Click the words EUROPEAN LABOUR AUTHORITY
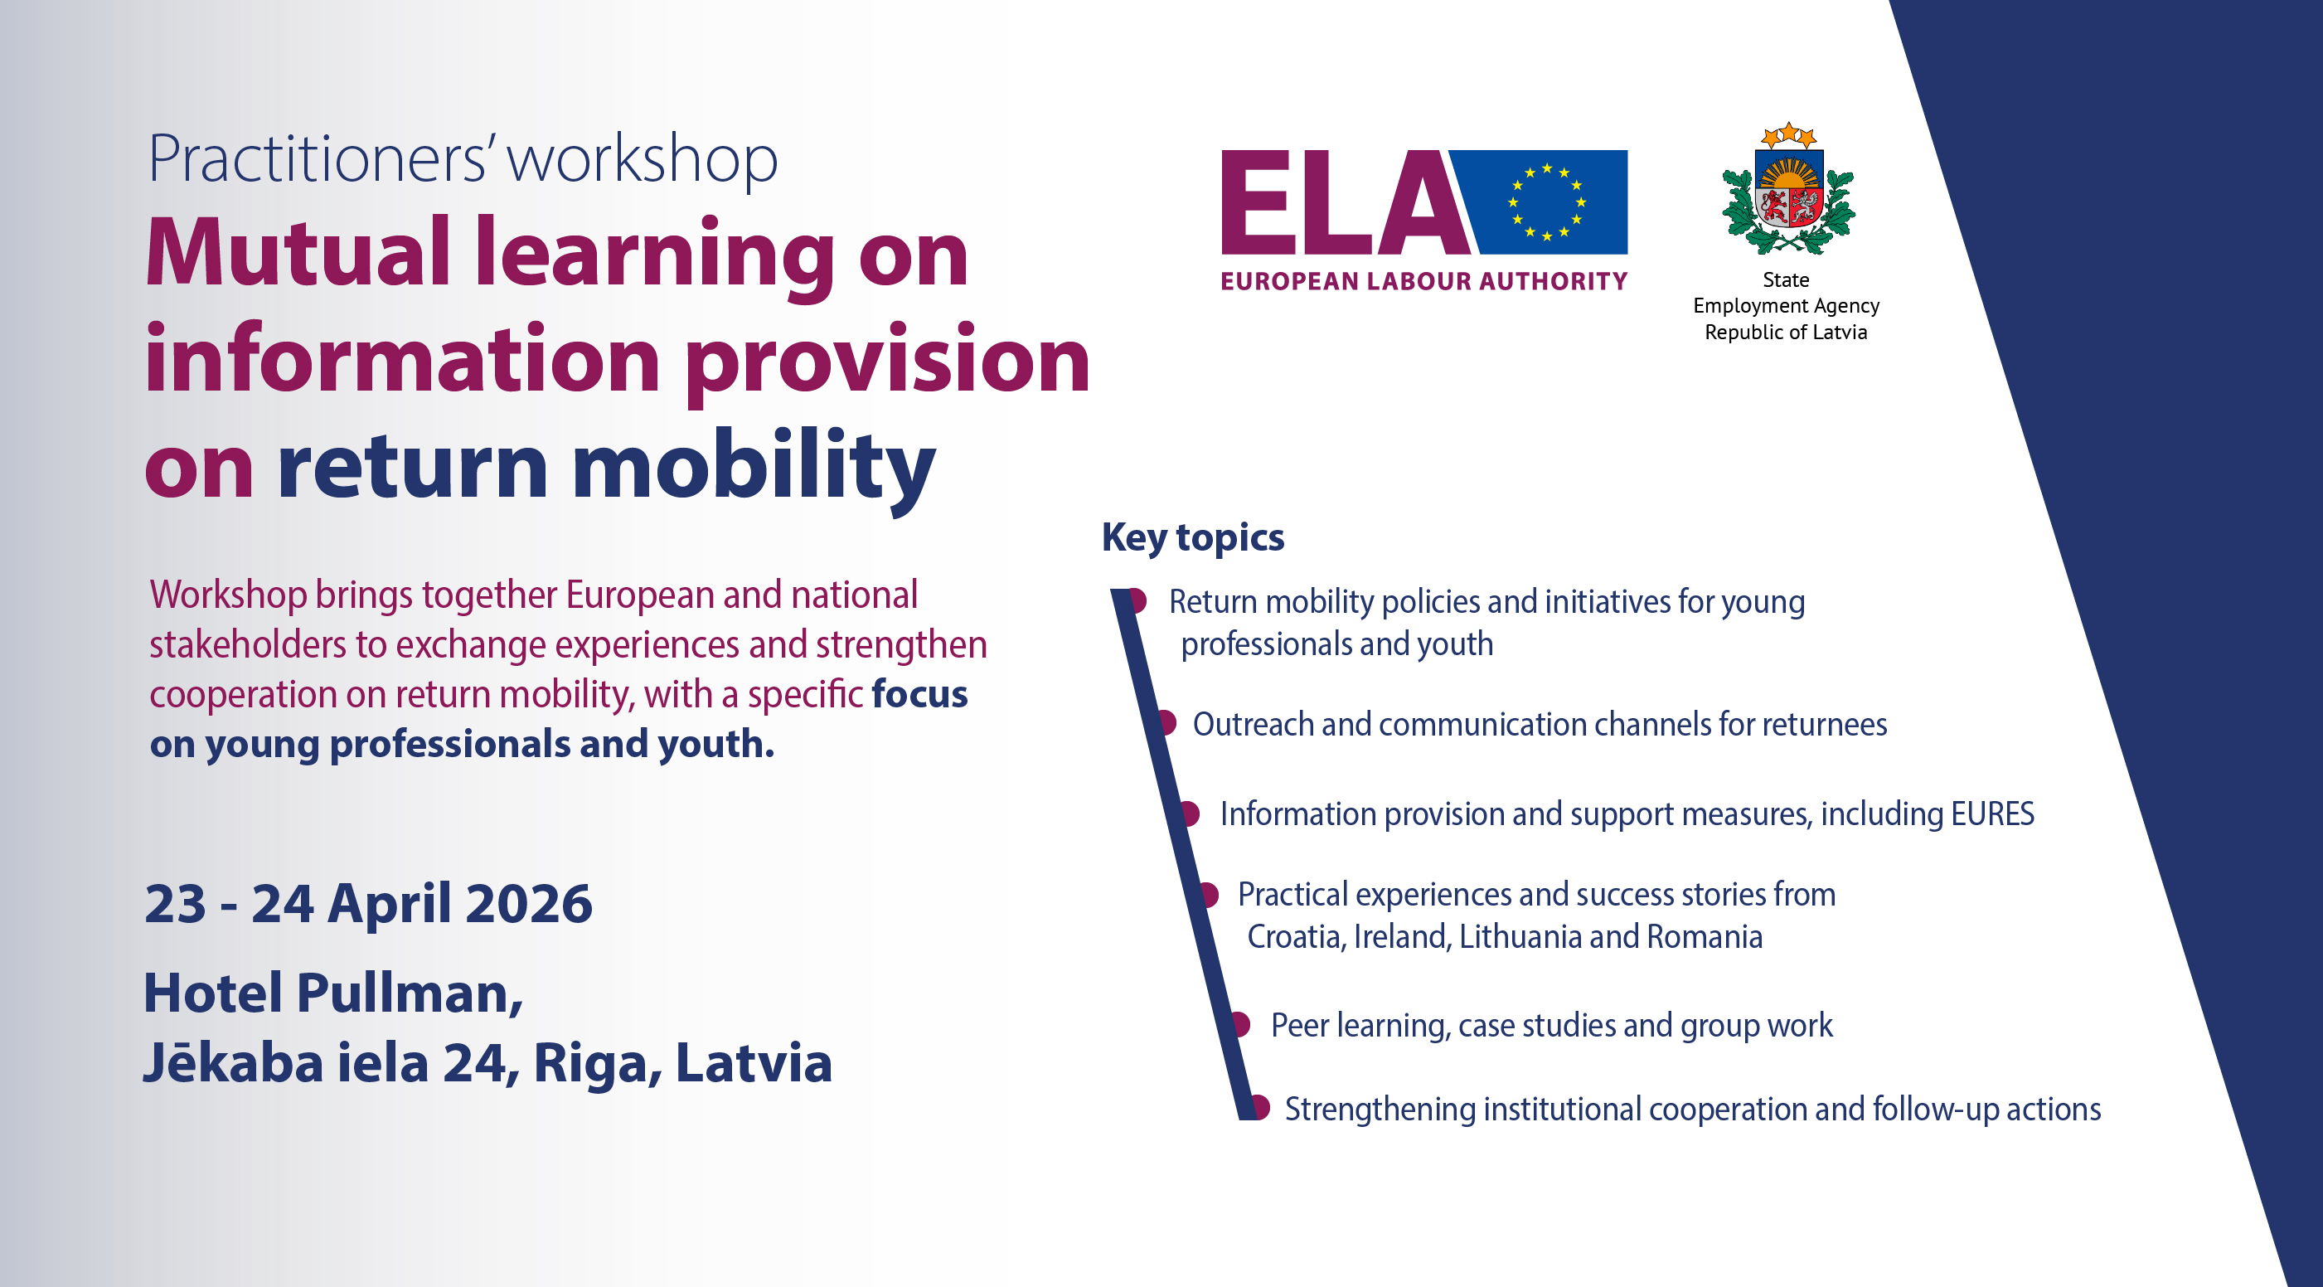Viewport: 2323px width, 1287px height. [1424, 281]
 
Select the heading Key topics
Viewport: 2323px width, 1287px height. [1192, 537]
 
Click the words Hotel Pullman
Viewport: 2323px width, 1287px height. [332, 993]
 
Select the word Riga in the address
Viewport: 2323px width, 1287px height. [596, 1063]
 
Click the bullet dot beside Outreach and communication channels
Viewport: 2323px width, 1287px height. [1168, 722]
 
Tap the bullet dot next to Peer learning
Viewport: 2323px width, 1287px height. [1241, 1023]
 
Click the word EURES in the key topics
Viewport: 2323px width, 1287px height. [1992, 813]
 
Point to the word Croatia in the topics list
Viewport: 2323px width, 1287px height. [1295, 937]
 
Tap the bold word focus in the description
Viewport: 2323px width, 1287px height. [919, 694]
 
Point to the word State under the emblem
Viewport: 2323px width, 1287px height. [1786, 280]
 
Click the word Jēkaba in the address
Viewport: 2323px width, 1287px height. [234, 1061]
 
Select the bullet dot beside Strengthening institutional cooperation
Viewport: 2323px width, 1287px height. [1261, 1106]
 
